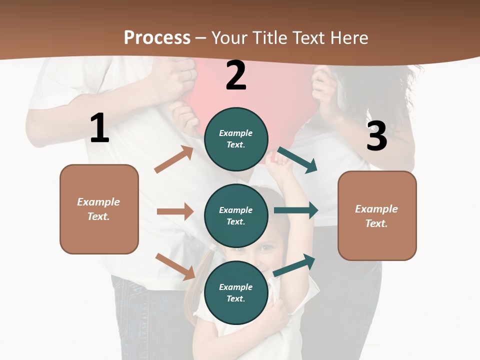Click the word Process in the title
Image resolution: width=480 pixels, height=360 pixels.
pos(157,37)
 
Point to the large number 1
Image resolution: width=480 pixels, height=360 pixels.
pos(99,128)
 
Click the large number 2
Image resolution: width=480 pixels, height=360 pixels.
pos(236,75)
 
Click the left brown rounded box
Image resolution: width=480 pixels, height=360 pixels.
pos(99,209)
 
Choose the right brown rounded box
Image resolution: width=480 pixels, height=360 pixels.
pos(377,215)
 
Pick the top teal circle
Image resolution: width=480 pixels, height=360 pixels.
pos(236,138)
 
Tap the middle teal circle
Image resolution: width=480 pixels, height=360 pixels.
pos(236,215)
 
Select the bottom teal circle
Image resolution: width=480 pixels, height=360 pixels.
pos(236,292)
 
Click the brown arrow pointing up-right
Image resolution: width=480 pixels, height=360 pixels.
pos(174,159)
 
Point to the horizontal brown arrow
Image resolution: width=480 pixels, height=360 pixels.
pos(175,211)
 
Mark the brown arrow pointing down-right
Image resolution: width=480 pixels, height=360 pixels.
pos(175,266)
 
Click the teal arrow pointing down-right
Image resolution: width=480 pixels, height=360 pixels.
pos(297,159)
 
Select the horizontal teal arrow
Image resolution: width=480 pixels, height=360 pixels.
pos(295,210)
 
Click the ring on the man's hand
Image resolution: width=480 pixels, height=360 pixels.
pos(189,74)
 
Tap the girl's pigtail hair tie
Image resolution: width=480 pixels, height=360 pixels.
pos(214,247)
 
